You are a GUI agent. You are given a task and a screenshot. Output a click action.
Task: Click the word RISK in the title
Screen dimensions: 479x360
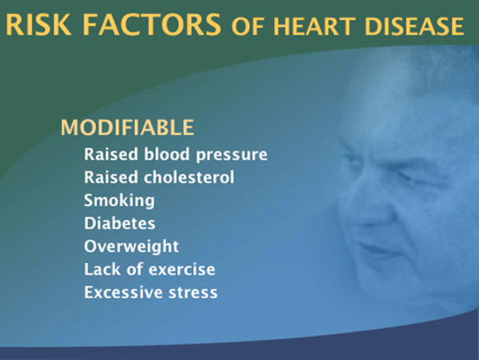pyautogui.click(x=39, y=24)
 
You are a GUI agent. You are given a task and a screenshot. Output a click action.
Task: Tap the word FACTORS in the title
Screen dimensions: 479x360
pyautogui.click(x=151, y=24)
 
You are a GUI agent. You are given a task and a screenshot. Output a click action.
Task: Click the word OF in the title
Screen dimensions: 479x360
pyautogui.click(x=247, y=26)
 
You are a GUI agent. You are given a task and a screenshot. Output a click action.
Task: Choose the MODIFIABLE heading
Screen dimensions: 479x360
pyautogui.click(x=127, y=127)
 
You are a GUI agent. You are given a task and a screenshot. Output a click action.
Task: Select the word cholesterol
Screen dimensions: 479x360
pyautogui.click(x=189, y=177)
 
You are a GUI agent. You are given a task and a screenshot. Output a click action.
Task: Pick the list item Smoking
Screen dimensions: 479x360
pyautogui.click(x=119, y=201)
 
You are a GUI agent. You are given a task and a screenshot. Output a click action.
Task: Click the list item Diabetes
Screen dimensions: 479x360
pyautogui.click(x=119, y=223)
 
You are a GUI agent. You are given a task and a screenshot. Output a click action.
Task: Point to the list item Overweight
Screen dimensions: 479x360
pyautogui.click(x=131, y=247)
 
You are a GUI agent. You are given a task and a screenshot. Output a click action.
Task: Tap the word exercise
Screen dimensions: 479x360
pyautogui.click(x=182, y=269)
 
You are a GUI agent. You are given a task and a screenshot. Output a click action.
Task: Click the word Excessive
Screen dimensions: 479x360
pyautogui.click(x=123, y=292)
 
